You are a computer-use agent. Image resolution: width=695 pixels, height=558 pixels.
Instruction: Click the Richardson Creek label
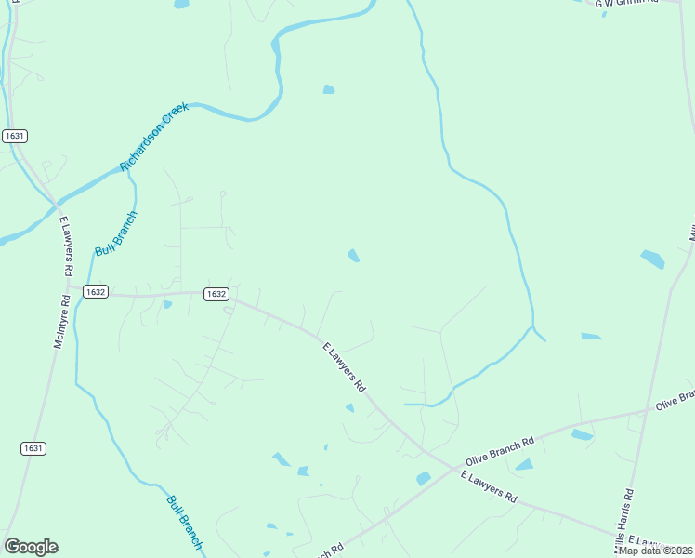[154, 137]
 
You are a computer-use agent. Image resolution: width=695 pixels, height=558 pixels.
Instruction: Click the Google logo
[31, 547]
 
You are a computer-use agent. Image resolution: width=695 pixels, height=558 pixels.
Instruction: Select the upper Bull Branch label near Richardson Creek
[115, 234]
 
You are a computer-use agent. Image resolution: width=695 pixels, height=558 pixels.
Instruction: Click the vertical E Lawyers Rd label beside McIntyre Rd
[66, 246]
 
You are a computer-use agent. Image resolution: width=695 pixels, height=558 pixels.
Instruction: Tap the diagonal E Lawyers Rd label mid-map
[345, 366]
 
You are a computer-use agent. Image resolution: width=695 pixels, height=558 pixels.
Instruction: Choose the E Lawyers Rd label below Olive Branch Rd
[489, 487]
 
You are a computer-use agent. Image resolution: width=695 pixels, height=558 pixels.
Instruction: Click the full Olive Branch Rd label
[500, 446]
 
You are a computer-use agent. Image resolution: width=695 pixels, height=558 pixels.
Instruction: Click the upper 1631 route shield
[14, 136]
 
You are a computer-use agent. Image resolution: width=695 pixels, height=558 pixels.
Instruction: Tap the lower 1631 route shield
[33, 448]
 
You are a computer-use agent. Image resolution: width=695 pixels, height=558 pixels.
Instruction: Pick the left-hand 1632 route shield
[95, 291]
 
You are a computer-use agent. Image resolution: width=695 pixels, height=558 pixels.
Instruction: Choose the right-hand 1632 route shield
[216, 293]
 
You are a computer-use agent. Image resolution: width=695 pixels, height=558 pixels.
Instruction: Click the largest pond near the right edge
[652, 259]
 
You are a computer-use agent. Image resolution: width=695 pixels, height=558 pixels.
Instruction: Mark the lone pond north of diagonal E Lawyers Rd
[353, 255]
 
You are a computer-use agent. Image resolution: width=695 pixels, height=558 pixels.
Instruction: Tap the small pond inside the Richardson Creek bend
[328, 89]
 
